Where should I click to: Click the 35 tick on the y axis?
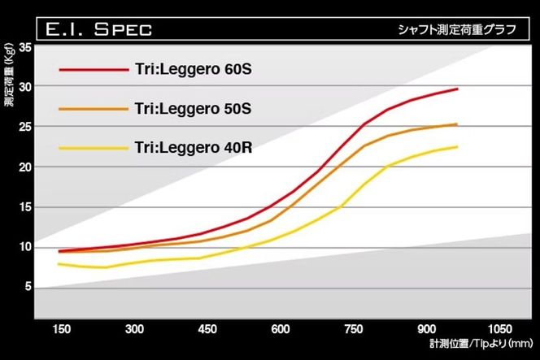tap(24, 48)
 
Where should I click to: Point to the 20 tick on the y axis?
tap(24, 167)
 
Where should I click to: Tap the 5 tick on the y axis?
tap(28, 287)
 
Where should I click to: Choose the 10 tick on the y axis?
tap(24, 247)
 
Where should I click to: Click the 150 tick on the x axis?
tap(63, 329)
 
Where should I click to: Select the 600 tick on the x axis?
tap(281, 329)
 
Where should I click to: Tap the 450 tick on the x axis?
tap(207, 329)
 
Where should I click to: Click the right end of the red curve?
tap(457, 89)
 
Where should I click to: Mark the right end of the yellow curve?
tap(457, 147)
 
